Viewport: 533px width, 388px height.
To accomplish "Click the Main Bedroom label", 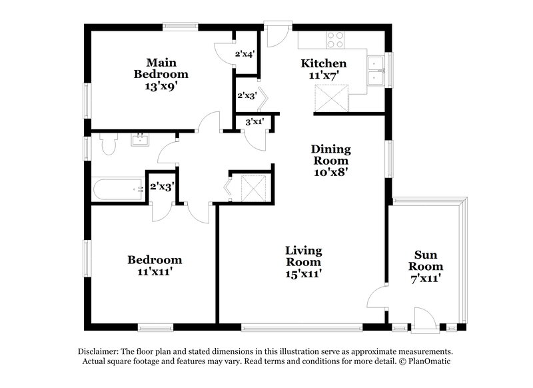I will click(x=161, y=73).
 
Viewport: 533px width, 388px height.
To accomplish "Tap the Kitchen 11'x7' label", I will click(x=324, y=69).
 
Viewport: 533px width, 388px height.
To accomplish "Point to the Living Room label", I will click(x=304, y=261).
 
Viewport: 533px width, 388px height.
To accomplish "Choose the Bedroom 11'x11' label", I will click(x=155, y=265).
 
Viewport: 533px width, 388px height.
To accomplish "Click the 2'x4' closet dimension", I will click(x=245, y=54).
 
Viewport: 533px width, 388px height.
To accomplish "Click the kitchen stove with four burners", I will click(x=334, y=38).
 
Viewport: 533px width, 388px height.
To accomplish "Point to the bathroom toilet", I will click(x=108, y=143).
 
